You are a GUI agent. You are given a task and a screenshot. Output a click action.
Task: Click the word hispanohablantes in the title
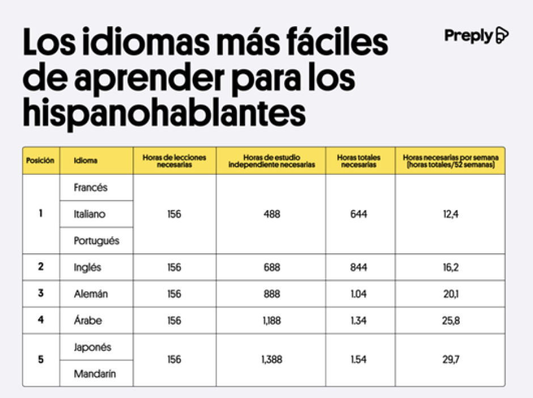164,112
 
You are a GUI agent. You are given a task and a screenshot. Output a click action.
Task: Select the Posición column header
41,161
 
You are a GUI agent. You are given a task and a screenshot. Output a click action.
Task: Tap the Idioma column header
86,161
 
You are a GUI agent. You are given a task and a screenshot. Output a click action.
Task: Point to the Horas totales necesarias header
359,161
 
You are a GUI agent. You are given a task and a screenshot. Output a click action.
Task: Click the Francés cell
91,187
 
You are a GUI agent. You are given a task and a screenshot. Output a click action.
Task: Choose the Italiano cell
90,214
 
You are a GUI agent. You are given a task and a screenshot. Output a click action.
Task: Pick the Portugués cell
96,241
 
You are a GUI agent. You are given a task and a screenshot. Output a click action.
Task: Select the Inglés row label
88,267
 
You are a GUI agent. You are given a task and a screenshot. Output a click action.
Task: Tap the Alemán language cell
91,294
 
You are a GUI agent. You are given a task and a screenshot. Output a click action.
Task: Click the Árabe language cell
88,321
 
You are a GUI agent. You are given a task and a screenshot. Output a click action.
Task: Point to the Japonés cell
92,347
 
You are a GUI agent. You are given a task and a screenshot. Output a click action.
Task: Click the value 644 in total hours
359,214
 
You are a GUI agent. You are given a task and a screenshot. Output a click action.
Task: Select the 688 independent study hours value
271,267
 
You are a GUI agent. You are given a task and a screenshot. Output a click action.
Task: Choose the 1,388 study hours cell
271,360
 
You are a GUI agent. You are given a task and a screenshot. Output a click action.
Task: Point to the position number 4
41,321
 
